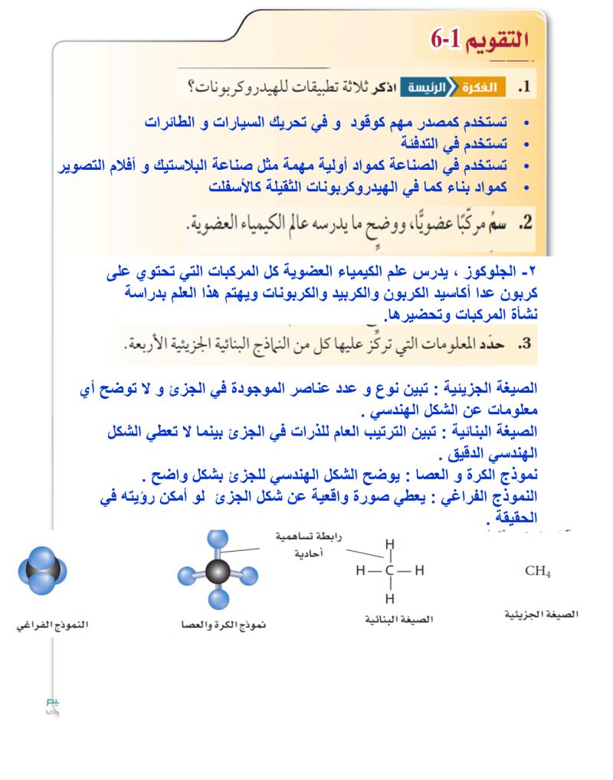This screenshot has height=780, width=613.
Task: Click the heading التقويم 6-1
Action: click(x=480, y=39)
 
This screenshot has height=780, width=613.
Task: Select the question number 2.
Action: click(x=525, y=223)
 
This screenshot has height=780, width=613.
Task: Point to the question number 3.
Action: click(x=524, y=344)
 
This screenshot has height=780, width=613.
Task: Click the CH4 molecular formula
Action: click(x=537, y=571)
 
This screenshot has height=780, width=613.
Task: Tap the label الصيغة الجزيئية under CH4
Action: click(x=542, y=615)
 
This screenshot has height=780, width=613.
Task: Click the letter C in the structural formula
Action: click(x=389, y=570)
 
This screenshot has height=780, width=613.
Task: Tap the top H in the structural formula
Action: click(x=389, y=544)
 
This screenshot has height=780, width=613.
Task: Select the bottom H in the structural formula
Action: click(x=389, y=598)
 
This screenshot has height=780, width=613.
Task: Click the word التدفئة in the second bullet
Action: click(x=425, y=143)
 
